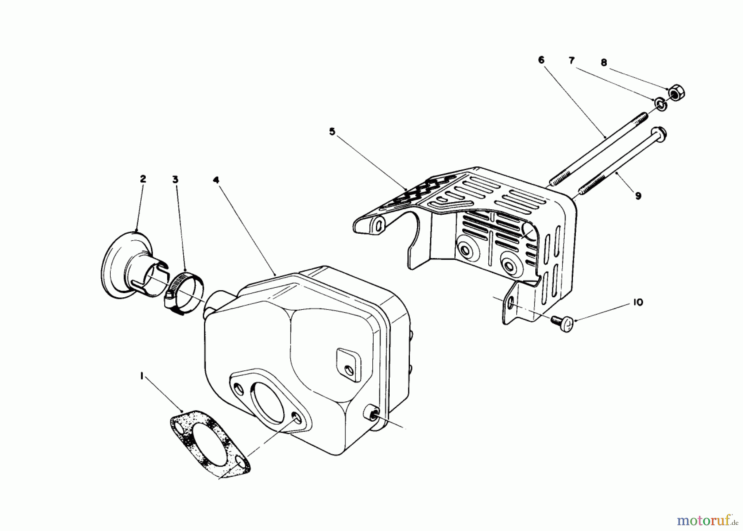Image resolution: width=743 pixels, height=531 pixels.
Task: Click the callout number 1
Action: click(142, 376)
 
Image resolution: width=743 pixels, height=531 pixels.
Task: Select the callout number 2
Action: click(143, 179)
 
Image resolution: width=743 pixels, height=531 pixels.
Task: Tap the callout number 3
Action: click(175, 180)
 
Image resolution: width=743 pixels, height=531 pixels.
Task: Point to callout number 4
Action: click(216, 180)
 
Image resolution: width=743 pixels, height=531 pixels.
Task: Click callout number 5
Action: click(332, 132)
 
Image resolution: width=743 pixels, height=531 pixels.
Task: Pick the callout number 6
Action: click(541, 60)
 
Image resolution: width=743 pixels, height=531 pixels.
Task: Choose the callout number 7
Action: click(572, 61)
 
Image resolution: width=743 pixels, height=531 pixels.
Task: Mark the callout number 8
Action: click(604, 63)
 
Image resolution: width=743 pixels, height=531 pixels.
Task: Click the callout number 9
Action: click(638, 196)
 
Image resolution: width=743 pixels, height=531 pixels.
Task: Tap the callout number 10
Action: click(638, 303)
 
